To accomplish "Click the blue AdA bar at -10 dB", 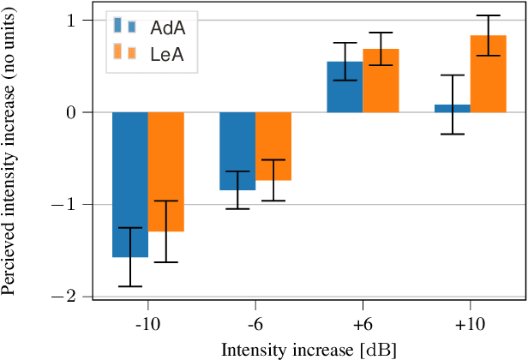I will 129,184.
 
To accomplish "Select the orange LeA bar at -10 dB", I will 165,171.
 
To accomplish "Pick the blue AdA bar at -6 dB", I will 237,151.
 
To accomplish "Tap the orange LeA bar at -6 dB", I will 273,146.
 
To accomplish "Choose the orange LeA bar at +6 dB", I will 381,81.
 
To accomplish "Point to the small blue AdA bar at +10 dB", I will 453,108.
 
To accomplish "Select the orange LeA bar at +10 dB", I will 489,74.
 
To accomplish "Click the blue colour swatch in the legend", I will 125,27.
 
